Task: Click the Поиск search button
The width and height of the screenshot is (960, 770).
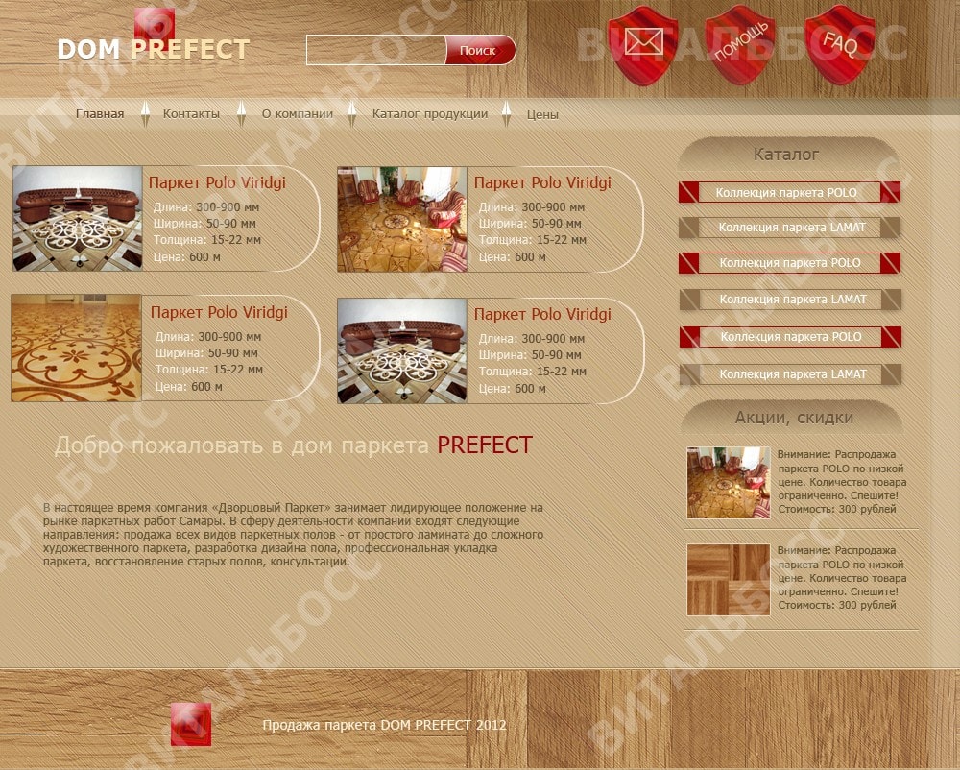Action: [480, 50]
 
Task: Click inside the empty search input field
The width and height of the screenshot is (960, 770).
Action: [376, 50]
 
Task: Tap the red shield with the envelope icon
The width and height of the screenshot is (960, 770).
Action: [643, 45]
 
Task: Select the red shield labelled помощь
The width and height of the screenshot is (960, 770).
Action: [740, 45]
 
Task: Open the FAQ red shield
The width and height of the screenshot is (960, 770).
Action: [839, 45]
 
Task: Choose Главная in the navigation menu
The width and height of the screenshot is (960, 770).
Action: [100, 114]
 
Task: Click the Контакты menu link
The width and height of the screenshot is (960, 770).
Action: [191, 114]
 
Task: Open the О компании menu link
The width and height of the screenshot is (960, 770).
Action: [298, 114]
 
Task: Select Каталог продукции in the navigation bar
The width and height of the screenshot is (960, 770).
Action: [430, 114]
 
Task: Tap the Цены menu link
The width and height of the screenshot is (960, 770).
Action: [542, 114]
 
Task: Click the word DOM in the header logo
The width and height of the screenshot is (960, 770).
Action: [88, 50]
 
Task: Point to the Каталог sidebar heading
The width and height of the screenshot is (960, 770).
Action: [786, 155]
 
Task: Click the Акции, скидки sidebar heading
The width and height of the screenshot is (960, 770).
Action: [794, 418]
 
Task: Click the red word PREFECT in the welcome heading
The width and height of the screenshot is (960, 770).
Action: [484, 445]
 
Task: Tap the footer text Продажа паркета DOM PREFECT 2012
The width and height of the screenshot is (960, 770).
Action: [385, 725]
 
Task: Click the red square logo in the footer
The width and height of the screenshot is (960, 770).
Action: [191, 724]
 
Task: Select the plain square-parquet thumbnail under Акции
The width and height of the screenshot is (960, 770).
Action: [728, 580]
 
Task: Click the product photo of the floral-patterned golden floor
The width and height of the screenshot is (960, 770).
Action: [77, 348]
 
